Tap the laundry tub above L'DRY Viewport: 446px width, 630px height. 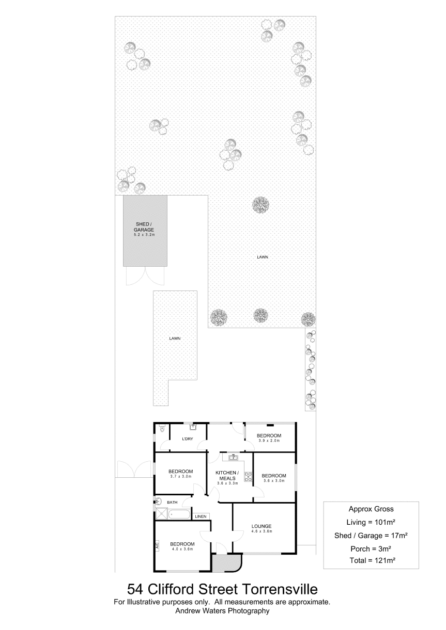193,427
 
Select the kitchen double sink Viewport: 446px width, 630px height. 234,458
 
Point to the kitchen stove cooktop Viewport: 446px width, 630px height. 248,476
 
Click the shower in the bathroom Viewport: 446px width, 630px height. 162,513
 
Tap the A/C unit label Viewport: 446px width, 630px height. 157,545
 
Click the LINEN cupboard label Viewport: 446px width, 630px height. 201,516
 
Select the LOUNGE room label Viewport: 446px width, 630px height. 262,526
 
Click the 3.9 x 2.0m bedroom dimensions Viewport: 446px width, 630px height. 269,441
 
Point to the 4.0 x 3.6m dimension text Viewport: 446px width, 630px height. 182,549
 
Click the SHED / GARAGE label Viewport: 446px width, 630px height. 144,227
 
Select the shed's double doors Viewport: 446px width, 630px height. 145,276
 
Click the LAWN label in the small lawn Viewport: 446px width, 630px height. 175,338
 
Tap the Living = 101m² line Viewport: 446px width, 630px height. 371,522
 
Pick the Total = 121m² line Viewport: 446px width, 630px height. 373,560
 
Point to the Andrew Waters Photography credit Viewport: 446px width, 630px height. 222,610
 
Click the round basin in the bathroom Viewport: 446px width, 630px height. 158,501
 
